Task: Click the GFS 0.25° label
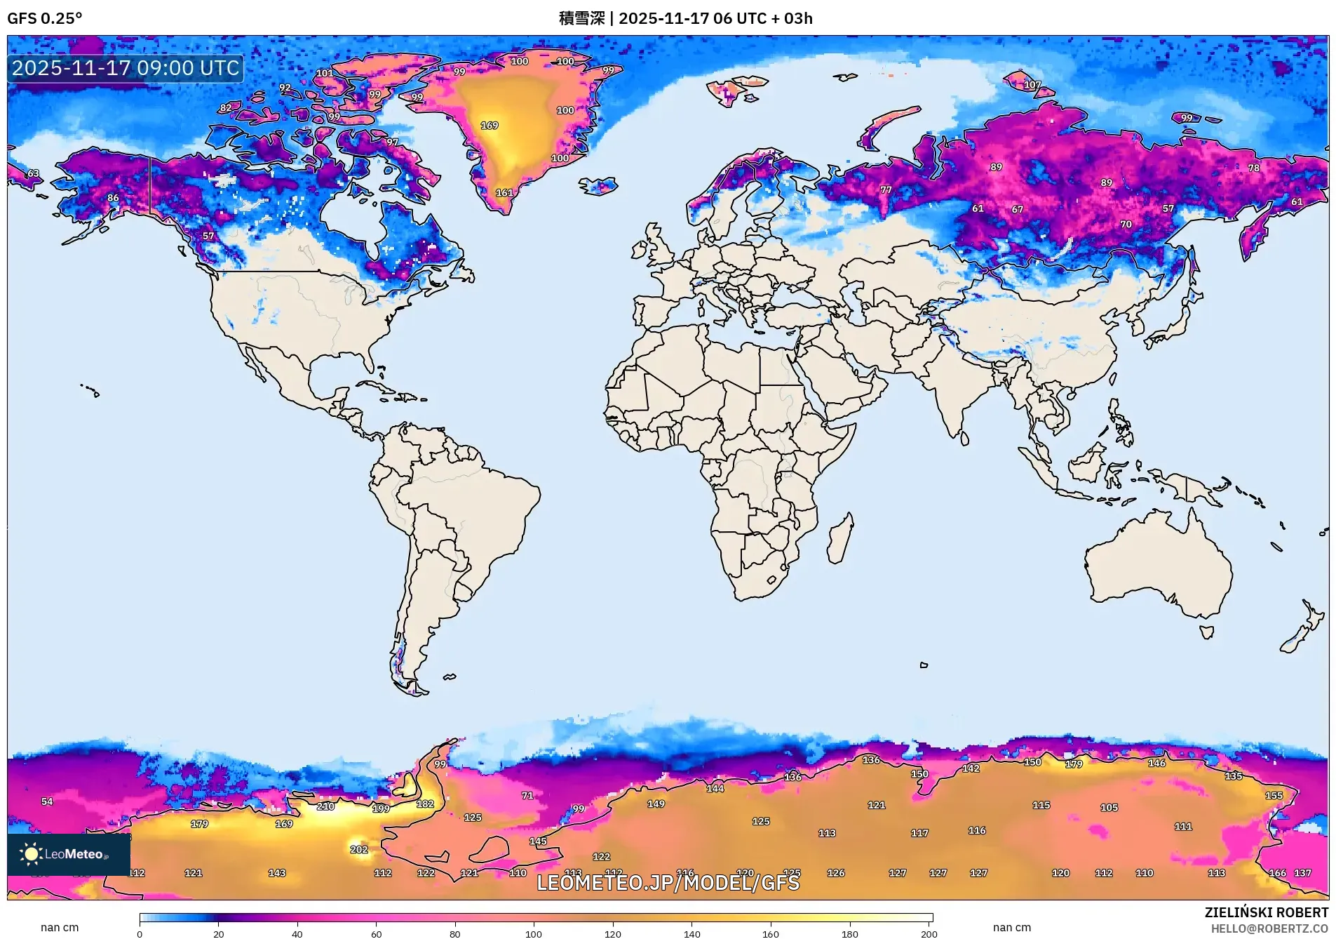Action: point(44,18)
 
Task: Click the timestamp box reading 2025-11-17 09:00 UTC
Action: point(126,68)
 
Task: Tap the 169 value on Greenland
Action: point(490,126)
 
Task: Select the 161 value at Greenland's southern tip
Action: point(504,193)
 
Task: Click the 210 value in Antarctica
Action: point(325,806)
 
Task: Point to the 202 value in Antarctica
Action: point(359,849)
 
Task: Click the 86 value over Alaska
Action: point(113,198)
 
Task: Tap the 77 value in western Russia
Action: point(886,190)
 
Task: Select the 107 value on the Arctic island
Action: point(1032,85)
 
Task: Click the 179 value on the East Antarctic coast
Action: point(1074,764)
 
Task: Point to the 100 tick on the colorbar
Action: point(534,933)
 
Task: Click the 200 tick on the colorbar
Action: point(929,933)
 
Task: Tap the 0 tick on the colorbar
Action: point(140,933)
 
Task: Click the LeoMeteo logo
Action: point(68,854)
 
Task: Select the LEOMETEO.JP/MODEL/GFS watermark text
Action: point(668,883)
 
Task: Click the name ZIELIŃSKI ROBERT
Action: point(1266,912)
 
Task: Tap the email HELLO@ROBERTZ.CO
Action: point(1269,928)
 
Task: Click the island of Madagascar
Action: point(840,539)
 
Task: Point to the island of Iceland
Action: point(598,186)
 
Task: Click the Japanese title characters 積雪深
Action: point(581,18)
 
